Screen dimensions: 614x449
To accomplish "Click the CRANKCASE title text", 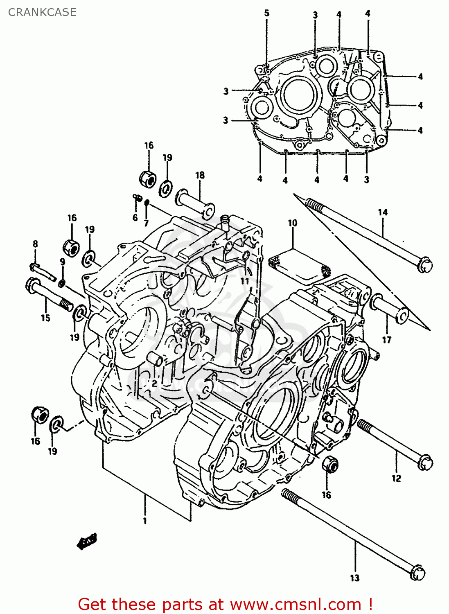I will [42, 12].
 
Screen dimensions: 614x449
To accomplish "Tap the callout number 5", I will [267, 13].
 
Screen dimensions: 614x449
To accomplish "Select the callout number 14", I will [383, 212].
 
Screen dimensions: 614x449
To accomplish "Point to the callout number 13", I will [354, 578].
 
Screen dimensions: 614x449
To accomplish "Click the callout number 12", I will [396, 478].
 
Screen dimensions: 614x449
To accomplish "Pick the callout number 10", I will [292, 223].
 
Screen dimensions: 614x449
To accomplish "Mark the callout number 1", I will [144, 521].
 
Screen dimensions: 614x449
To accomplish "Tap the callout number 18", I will [200, 175].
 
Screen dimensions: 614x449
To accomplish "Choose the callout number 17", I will [387, 339].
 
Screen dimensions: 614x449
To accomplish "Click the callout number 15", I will [45, 318].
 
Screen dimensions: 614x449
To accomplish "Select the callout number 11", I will [245, 281].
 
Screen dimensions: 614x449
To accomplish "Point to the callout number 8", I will [35, 244].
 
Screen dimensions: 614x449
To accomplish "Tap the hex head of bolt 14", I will [424, 264].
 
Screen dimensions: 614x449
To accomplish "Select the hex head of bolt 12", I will [425, 462].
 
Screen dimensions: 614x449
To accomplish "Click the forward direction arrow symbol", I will [87, 542].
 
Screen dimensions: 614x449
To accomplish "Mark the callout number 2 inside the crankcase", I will [154, 383].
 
